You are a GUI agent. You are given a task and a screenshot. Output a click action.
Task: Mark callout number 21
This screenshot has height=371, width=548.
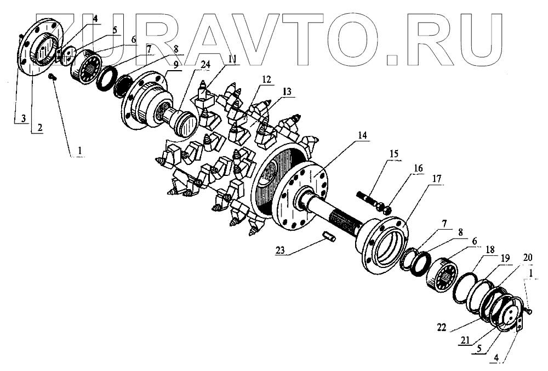point(465,341)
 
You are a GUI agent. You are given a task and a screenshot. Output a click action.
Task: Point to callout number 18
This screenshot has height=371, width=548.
point(486,249)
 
